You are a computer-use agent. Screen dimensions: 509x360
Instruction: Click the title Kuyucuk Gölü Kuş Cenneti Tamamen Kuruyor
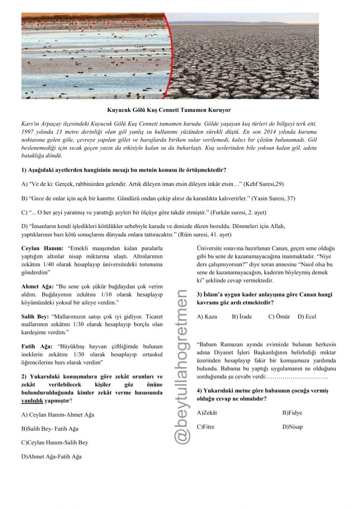[169, 110]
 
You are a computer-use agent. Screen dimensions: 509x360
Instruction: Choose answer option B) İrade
[242, 317]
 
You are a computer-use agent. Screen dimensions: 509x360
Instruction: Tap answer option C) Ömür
[279, 317]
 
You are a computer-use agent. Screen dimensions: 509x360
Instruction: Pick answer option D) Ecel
[307, 317]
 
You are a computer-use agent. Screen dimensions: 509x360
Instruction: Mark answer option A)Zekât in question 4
[207, 413]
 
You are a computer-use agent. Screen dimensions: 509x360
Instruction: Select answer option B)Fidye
[292, 413]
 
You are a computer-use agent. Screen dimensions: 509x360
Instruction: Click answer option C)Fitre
[205, 427]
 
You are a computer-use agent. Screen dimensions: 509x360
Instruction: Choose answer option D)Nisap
[292, 427]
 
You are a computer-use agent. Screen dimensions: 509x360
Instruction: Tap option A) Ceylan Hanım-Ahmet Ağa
[58, 415]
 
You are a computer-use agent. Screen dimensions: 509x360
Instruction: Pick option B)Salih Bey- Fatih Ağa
[50, 429]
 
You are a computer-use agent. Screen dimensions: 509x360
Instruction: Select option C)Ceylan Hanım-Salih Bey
[55, 443]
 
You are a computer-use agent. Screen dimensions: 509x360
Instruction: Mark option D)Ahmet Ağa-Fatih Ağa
[51, 457]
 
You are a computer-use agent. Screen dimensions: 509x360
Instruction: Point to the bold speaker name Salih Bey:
[35, 317]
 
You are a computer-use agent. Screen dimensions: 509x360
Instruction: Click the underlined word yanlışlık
[32, 401]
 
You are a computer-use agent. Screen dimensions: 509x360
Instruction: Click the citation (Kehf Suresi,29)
[264, 184]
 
